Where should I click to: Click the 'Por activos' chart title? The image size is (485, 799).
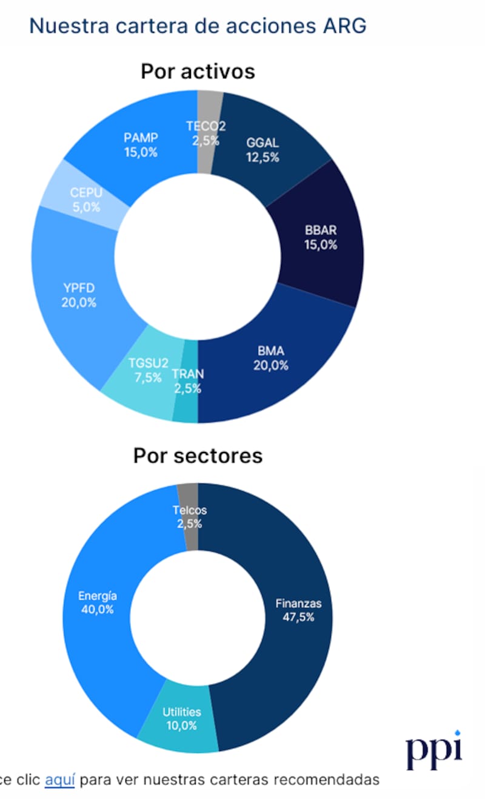[198, 72]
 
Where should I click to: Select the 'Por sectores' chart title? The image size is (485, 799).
[198, 456]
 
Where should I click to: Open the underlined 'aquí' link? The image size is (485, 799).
[59, 780]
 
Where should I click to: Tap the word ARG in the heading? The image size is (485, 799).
[344, 26]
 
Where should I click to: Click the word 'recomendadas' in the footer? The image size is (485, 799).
[326, 780]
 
